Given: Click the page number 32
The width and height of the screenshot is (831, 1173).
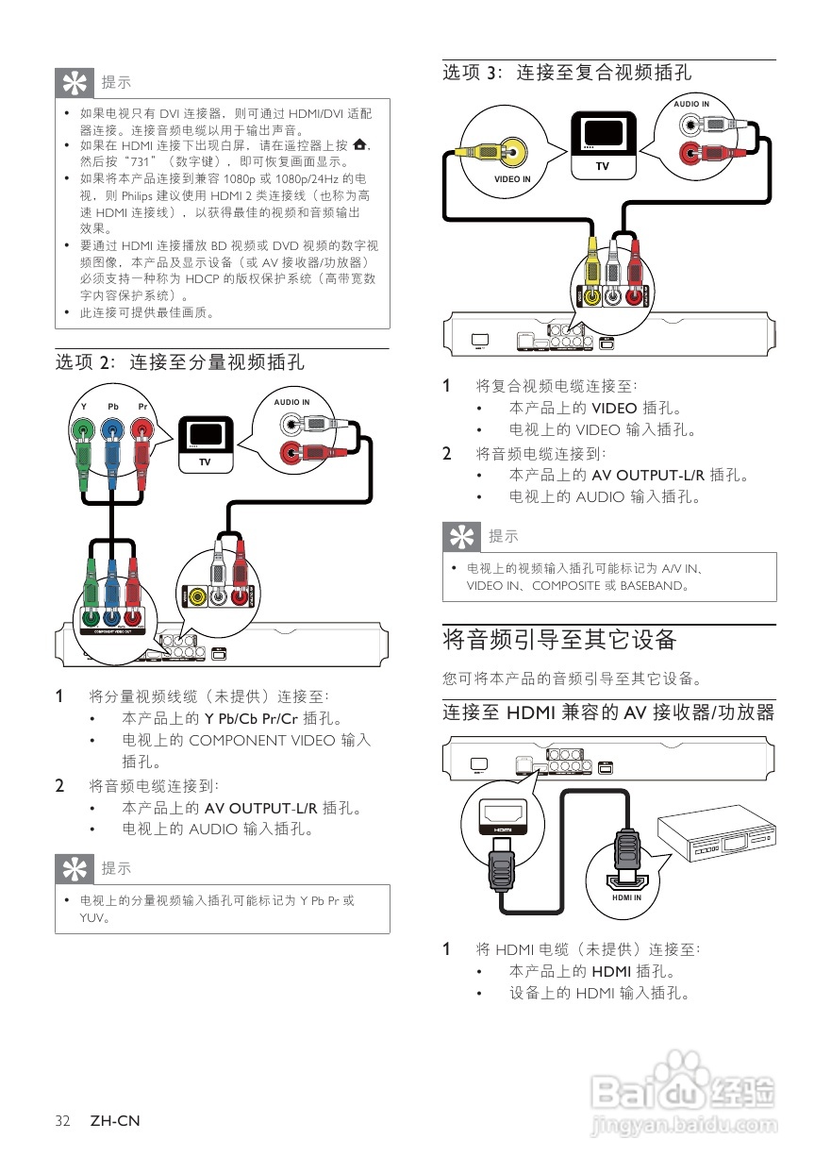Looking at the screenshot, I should coord(63,1120).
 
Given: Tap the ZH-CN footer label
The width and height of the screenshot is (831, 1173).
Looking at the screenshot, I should coord(115,1120).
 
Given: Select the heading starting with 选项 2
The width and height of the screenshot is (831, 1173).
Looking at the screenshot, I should coord(179,362).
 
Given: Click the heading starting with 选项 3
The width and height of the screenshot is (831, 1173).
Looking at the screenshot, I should coord(567,73).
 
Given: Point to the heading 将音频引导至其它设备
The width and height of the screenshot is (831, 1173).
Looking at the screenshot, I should coord(560,640).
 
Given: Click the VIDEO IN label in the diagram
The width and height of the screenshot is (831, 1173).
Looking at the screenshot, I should coord(512,178).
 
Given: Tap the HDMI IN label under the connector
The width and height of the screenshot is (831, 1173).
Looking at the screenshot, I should coord(626,897).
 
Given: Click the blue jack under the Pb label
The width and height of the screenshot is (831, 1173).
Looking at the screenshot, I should coord(113,433).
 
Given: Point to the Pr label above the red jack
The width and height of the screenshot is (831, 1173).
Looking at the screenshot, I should coord(142,406).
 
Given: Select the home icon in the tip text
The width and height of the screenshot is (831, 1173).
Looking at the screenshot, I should coord(361,145).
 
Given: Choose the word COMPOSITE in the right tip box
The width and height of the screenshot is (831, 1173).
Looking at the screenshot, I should coord(566,586).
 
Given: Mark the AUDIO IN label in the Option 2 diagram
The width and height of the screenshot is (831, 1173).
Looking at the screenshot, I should coord(291,402).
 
